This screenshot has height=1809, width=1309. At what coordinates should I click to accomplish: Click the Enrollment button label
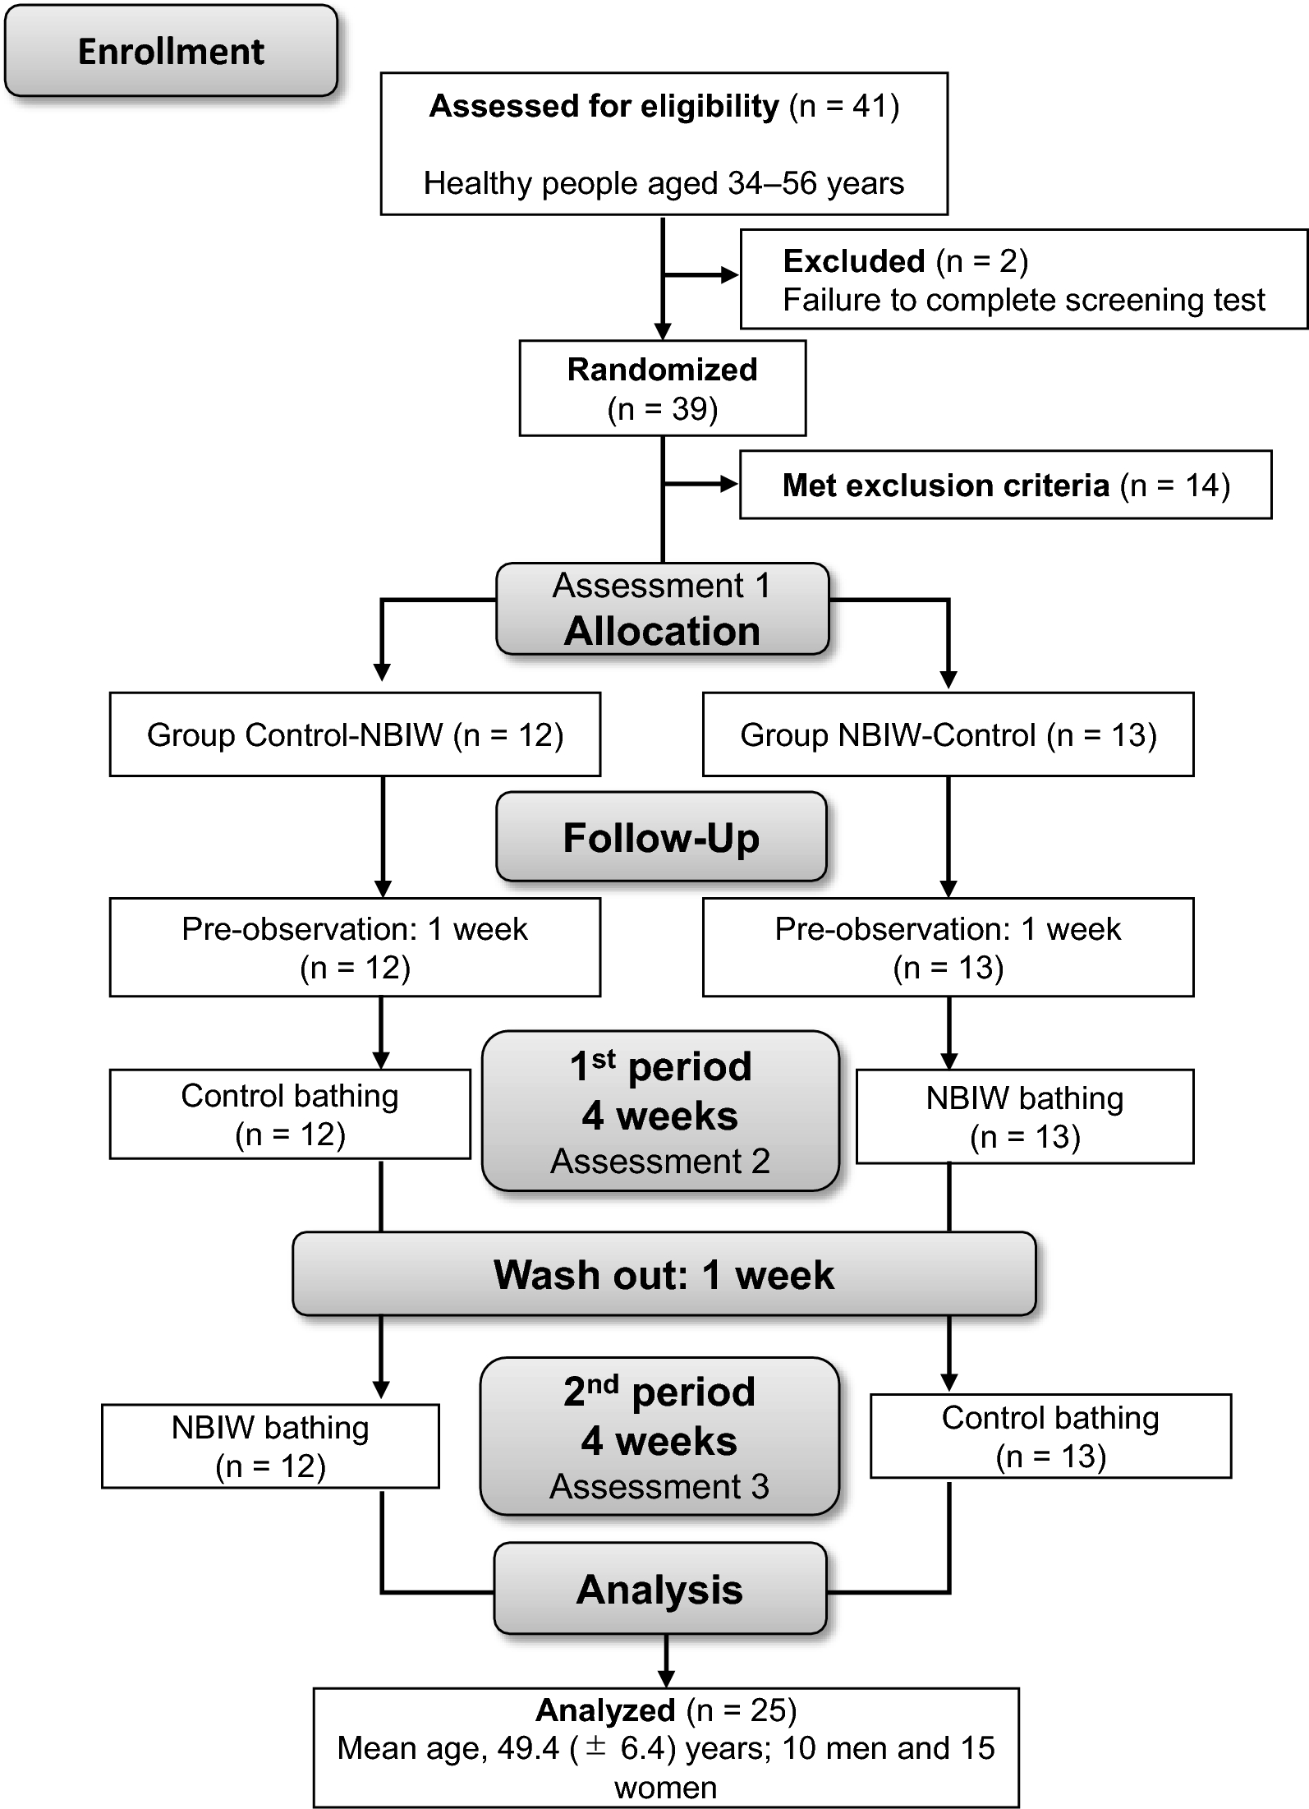(x=171, y=52)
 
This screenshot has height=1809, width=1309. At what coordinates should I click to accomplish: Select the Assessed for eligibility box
(x=664, y=144)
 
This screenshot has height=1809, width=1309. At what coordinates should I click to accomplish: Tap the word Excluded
(x=854, y=261)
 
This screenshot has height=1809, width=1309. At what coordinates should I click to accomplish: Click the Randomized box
(x=662, y=388)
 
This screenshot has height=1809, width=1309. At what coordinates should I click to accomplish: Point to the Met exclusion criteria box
(x=1005, y=485)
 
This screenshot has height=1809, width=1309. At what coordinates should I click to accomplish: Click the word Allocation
(x=662, y=631)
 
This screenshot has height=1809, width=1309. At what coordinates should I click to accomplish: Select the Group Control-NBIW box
(x=355, y=734)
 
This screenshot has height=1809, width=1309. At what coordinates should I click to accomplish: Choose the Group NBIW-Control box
(x=948, y=734)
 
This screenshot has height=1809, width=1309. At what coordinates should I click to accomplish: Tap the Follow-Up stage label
(x=661, y=838)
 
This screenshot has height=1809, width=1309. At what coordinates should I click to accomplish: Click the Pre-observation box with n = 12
(x=355, y=947)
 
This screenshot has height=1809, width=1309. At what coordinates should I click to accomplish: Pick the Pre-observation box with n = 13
(x=948, y=947)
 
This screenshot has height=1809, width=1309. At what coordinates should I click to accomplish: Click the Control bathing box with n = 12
(x=290, y=1114)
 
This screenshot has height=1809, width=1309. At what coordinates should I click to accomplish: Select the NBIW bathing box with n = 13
(x=1024, y=1116)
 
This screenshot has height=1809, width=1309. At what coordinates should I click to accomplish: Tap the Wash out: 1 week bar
(x=664, y=1274)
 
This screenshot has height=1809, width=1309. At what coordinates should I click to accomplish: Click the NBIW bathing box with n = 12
(x=270, y=1446)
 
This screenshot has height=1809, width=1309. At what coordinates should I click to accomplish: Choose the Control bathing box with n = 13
(x=1050, y=1436)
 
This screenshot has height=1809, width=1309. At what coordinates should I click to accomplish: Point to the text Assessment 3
(x=659, y=1486)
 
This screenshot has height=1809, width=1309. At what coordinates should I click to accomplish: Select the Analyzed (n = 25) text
(x=666, y=1710)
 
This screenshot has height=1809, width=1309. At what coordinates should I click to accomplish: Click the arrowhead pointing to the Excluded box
(x=729, y=275)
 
